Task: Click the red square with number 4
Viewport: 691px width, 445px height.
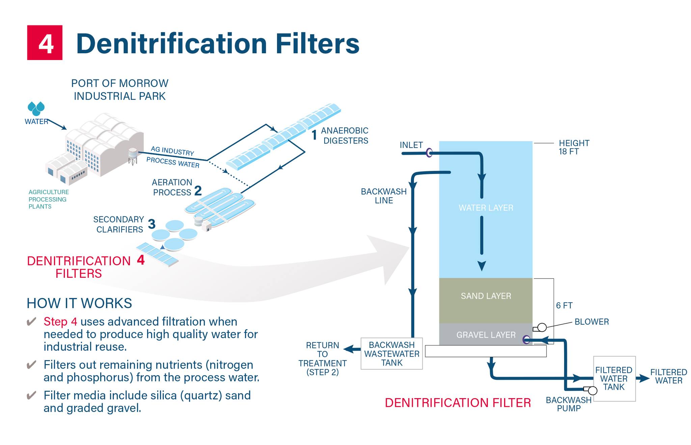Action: click(x=45, y=42)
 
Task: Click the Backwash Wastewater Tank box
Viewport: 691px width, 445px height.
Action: click(x=391, y=354)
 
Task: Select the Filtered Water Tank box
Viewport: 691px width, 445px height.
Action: click(x=614, y=379)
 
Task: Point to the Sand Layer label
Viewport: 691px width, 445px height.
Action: click(x=486, y=296)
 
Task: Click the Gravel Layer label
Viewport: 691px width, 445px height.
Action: click(x=486, y=335)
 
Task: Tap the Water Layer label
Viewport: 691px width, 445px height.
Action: click(x=486, y=208)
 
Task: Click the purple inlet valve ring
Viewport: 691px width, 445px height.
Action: click(x=429, y=153)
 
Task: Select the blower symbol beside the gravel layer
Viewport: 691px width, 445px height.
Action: click(x=540, y=327)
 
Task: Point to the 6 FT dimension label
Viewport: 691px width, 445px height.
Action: click(x=564, y=305)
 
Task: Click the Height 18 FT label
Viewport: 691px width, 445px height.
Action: click(x=574, y=147)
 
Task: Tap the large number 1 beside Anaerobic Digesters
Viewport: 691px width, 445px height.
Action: click(x=314, y=135)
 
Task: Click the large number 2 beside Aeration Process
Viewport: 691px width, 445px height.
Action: click(x=198, y=191)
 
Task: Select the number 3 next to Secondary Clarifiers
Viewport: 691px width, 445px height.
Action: click(x=152, y=224)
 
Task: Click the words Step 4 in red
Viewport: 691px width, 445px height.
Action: click(x=60, y=322)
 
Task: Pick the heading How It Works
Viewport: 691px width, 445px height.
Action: click(x=79, y=303)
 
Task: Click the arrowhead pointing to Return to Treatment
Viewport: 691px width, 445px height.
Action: click(x=348, y=349)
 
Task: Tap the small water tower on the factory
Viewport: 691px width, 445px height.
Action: click(x=133, y=156)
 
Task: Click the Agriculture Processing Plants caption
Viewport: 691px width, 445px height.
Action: click(x=49, y=199)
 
